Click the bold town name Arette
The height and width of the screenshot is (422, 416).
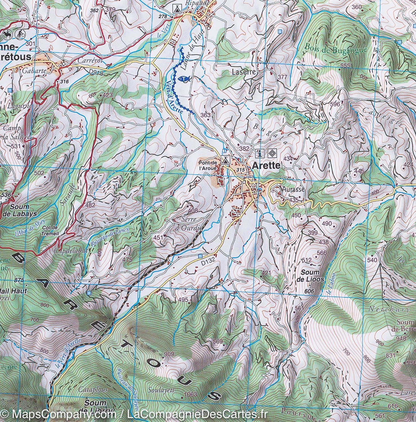click(x=266, y=166)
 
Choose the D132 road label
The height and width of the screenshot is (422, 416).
click(x=209, y=261)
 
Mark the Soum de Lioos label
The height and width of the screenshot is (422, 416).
click(x=310, y=276)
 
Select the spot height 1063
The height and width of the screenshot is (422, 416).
click(x=192, y=394)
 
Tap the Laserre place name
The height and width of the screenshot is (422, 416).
click(x=244, y=72)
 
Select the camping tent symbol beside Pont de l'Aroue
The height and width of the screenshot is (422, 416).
click(x=225, y=160)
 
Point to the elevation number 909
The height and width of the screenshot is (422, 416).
click(x=169, y=354)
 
